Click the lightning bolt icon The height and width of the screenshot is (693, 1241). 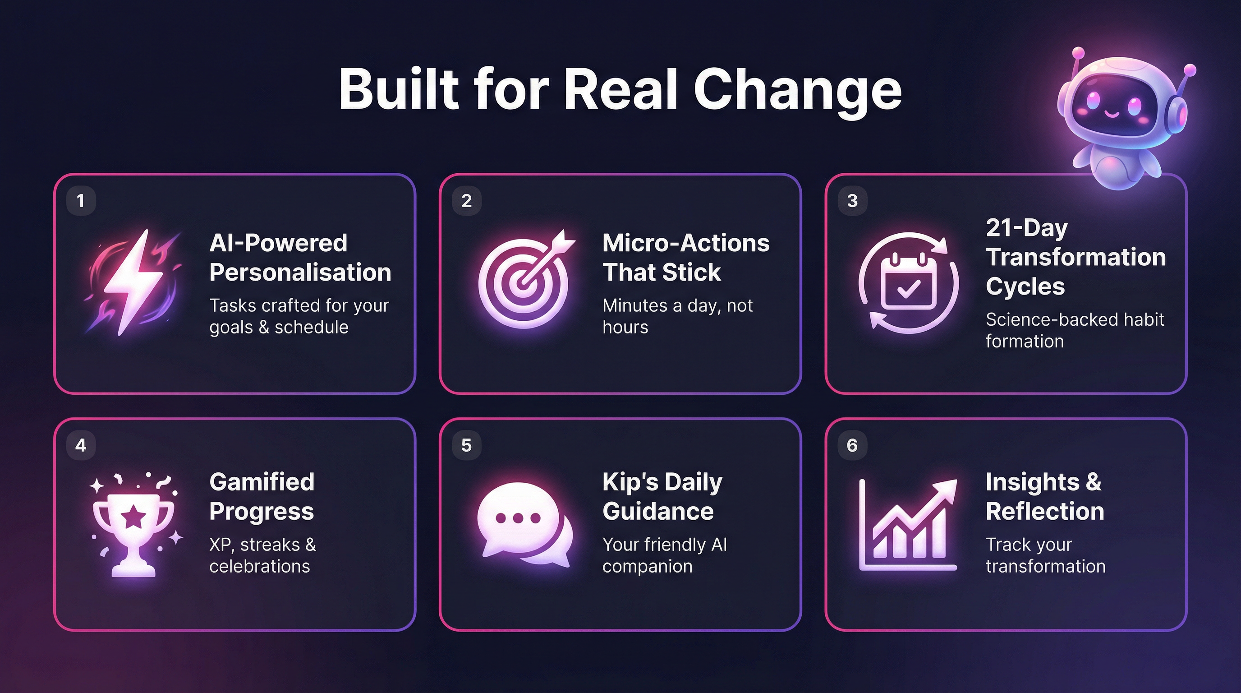[133, 282]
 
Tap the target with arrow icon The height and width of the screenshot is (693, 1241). [524, 283]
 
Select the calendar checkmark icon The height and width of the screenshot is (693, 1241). [908, 283]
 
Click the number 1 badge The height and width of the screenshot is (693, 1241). [81, 200]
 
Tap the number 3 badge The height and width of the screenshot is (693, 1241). [852, 200]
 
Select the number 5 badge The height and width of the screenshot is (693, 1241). [466, 445]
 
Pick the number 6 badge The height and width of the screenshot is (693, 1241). [852, 445]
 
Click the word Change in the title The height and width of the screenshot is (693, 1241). [797, 90]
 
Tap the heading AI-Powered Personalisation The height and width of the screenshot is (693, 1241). [299, 257]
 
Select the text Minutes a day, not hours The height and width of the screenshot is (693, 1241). [677, 316]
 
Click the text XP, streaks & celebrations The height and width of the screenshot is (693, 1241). [262, 555]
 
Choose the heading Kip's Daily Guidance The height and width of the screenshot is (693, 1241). [662, 496]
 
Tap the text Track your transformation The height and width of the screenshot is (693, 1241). [1045, 555]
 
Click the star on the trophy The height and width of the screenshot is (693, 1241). [133, 517]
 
